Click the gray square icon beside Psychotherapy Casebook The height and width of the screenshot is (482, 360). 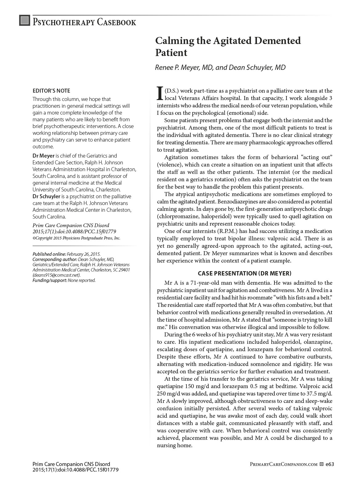point(25,20)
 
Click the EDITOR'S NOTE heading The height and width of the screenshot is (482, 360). point(51,91)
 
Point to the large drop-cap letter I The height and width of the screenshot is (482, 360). point(160,93)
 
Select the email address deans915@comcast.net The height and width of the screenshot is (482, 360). point(56,275)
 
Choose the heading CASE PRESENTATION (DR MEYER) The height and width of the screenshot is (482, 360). point(245,273)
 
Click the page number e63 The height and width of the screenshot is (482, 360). point(330,464)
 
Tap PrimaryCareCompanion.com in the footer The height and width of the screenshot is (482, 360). point(284,464)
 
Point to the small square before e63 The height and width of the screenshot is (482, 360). point(322,464)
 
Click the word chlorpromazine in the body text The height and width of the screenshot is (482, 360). point(180,216)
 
